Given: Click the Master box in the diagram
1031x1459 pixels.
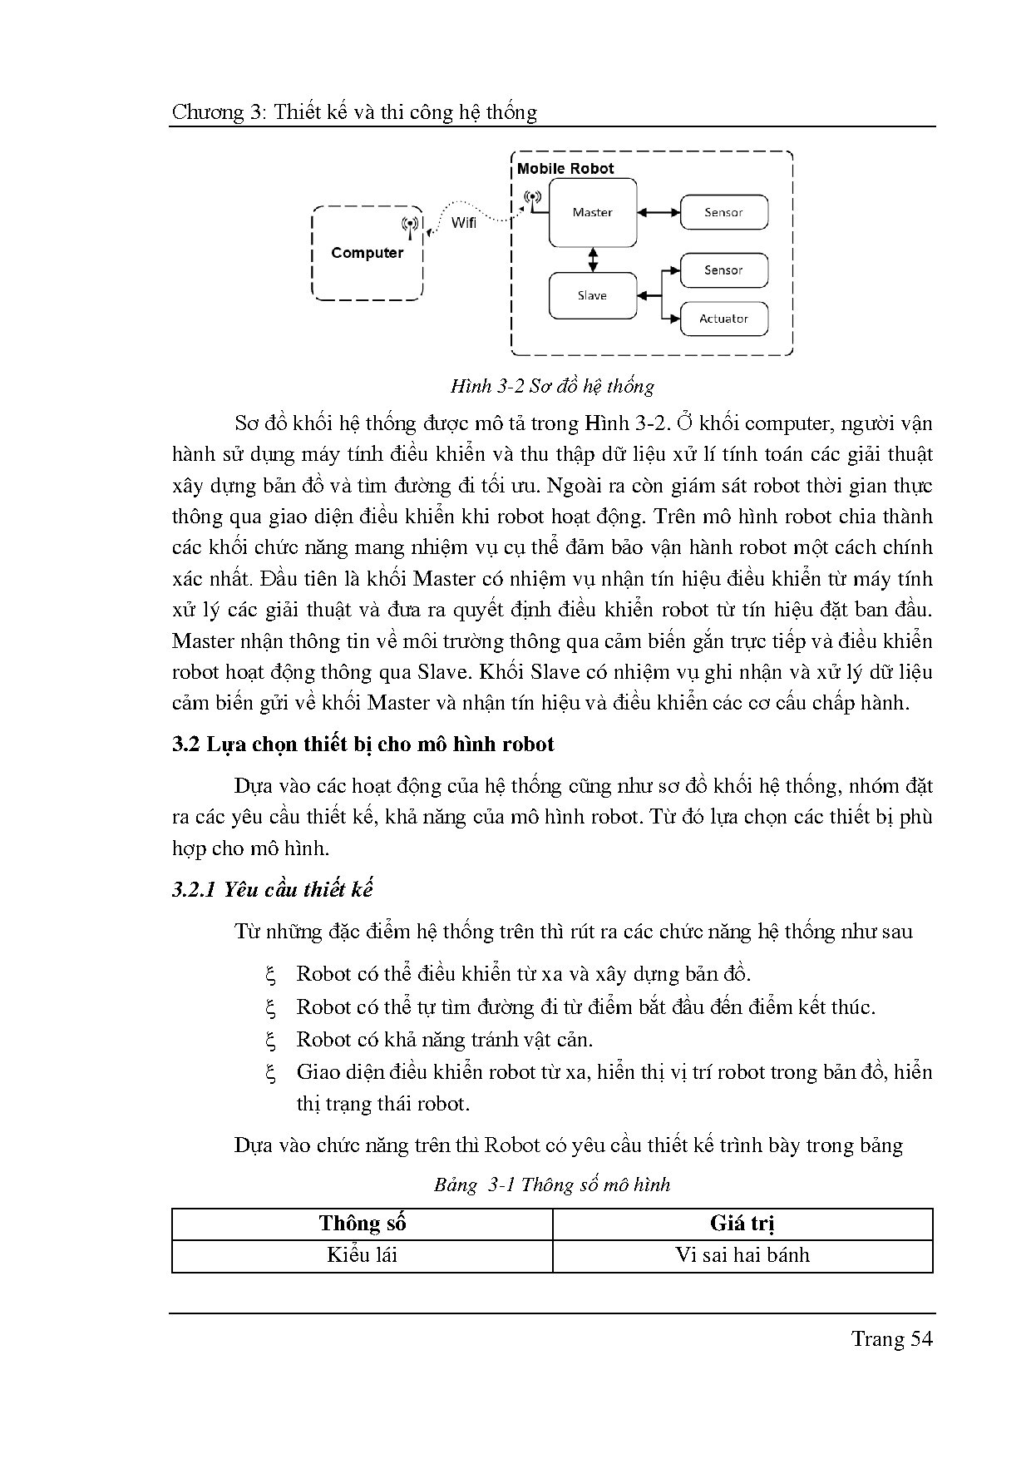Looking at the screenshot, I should pyautogui.click(x=592, y=213).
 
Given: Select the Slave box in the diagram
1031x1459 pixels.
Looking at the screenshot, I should pyautogui.click(x=592, y=295).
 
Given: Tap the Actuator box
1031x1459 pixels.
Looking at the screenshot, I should pyautogui.click(x=723, y=319).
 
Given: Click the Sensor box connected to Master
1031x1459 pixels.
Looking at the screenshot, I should pyautogui.click(x=723, y=212).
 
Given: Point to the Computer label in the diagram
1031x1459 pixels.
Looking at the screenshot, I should pyautogui.click(x=367, y=253).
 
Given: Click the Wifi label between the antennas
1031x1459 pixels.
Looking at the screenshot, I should pyautogui.click(x=464, y=223).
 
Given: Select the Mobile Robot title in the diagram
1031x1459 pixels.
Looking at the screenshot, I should pyautogui.click(x=565, y=168).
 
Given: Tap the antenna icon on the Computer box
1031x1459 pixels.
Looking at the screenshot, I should pyautogui.click(x=409, y=224).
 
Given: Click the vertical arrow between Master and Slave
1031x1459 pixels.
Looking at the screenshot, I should pyautogui.click(x=593, y=259).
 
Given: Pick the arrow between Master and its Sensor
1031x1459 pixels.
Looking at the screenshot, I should pyautogui.click(x=659, y=213).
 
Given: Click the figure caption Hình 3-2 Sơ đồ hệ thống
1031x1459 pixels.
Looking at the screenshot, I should pyautogui.click(x=552, y=386).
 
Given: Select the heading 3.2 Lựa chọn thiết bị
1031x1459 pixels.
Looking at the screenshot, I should pyautogui.click(x=363, y=744).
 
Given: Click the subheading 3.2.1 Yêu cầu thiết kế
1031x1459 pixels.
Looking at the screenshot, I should pyautogui.click(x=272, y=889).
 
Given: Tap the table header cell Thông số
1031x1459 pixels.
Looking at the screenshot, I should pyautogui.click(x=362, y=1223).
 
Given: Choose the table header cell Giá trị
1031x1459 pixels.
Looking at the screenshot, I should pyautogui.click(x=742, y=1223).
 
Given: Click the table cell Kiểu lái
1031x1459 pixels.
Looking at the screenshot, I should pyautogui.click(x=362, y=1255).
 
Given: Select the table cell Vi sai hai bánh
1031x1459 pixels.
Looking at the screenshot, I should pyautogui.click(x=742, y=1255).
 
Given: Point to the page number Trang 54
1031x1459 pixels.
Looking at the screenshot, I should pyautogui.click(x=890, y=1338).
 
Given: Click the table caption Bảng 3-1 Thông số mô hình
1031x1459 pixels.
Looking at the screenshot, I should pyautogui.click(x=551, y=1185).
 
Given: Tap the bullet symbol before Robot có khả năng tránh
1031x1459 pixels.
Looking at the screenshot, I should pyautogui.click(x=270, y=1040).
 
